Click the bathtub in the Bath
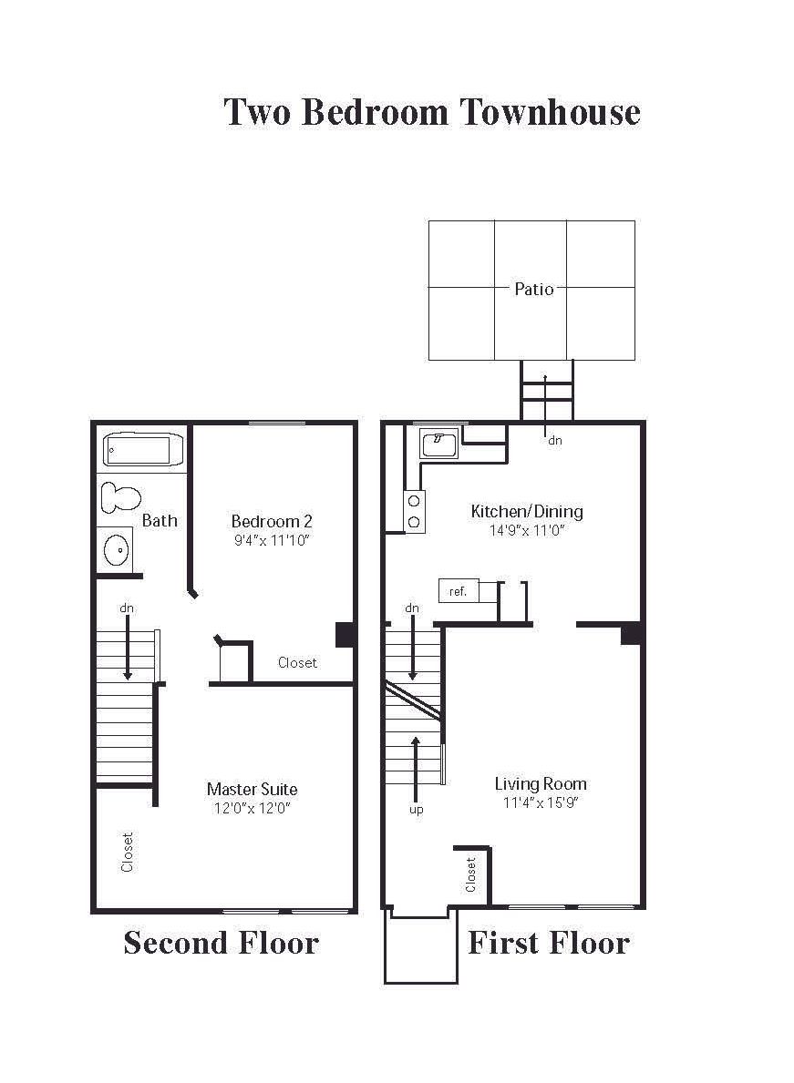pyautogui.click(x=144, y=450)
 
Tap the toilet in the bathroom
pyautogui.click(x=121, y=498)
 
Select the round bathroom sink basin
pyautogui.click(x=116, y=550)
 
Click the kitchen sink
pyautogui.click(x=439, y=444)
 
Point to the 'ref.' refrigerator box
pyautogui.click(x=459, y=591)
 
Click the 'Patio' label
pyautogui.click(x=534, y=289)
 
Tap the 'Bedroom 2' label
pyautogui.click(x=272, y=521)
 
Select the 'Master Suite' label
pyautogui.click(x=253, y=789)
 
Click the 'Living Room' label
pyautogui.click(x=541, y=784)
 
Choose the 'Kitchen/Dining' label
pyautogui.click(x=527, y=511)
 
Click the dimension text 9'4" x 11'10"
pyautogui.click(x=271, y=540)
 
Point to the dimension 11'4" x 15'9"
pyautogui.click(x=541, y=802)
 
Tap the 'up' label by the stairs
pyautogui.click(x=416, y=810)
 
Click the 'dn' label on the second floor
pyautogui.click(x=127, y=608)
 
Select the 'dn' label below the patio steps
pyautogui.click(x=555, y=440)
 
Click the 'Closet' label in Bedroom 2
pyautogui.click(x=297, y=662)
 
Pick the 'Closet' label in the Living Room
pyautogui.click(x=470, y=874)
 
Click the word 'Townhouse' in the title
pyautogui.click(x=551, y=112)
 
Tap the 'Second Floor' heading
pyautogui.click(x=222, y=943)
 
